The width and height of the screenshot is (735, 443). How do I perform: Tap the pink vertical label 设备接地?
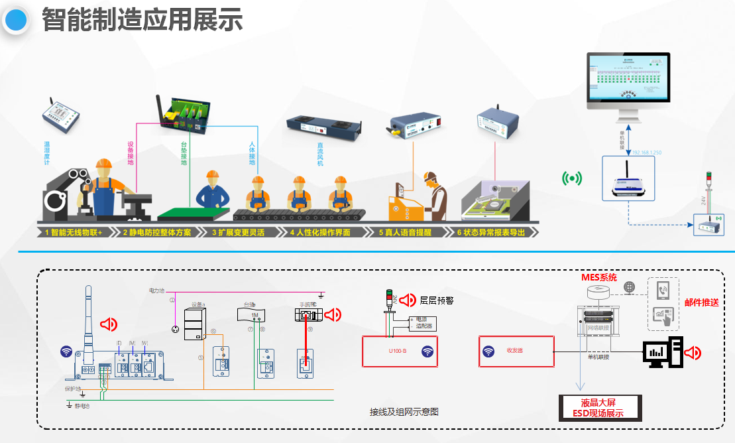[x=130, y=153]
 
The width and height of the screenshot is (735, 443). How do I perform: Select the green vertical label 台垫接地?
[x=184, y=153]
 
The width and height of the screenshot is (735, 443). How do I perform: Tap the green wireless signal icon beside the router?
[x=571, y=178]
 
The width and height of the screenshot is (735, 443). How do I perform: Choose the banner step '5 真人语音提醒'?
[x=407, y=233]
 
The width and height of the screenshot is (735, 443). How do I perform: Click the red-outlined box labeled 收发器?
[x=516, y=351]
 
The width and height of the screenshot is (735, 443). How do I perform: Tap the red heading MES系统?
[x=598, y=277]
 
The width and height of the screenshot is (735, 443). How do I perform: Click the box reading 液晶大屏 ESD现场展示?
[x=601, y=407]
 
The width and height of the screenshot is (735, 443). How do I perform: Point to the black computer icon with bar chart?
[x=662, y=352]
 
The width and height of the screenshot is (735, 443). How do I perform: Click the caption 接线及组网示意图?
[x=404, y=412]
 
